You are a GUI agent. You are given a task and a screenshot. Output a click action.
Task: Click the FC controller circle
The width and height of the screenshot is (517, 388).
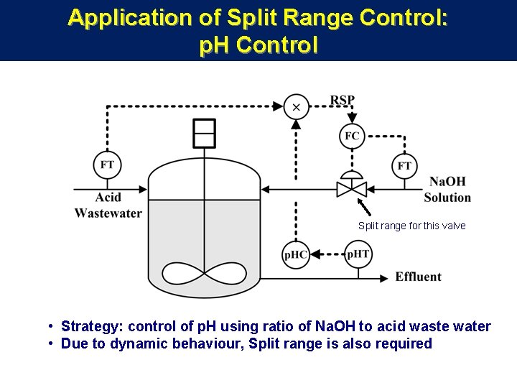(352, 136)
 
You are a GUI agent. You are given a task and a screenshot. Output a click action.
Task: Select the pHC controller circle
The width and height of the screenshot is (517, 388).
(296, 254)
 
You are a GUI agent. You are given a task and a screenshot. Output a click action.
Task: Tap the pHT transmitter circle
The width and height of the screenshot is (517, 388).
(358, 254)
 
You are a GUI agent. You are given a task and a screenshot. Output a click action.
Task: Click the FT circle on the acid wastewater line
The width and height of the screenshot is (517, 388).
(107, 165)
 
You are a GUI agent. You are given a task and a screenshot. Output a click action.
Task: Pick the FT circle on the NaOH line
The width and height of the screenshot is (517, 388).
(405, 165)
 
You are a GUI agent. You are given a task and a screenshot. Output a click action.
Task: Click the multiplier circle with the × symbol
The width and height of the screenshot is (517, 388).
(296, 107)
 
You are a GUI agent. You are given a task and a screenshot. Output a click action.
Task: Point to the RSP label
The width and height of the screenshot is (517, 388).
(343, 100)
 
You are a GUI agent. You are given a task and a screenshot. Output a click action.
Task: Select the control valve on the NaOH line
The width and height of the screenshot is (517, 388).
(352, 188)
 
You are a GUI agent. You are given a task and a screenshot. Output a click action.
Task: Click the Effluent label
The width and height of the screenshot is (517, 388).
(418, 277)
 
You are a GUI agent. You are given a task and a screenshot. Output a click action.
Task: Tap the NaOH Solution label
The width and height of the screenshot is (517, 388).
(447, 190)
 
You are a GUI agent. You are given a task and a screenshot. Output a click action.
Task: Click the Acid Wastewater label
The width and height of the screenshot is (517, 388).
(108, 205)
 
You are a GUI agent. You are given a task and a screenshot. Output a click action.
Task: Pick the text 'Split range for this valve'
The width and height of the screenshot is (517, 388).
(411, 226)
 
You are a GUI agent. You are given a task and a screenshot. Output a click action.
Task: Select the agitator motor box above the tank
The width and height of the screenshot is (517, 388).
(205, 132)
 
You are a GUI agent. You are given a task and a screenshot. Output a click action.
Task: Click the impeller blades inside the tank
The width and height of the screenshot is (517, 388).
(205, 273)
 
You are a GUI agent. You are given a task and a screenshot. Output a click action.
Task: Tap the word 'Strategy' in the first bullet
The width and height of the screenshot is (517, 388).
(90, 327)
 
